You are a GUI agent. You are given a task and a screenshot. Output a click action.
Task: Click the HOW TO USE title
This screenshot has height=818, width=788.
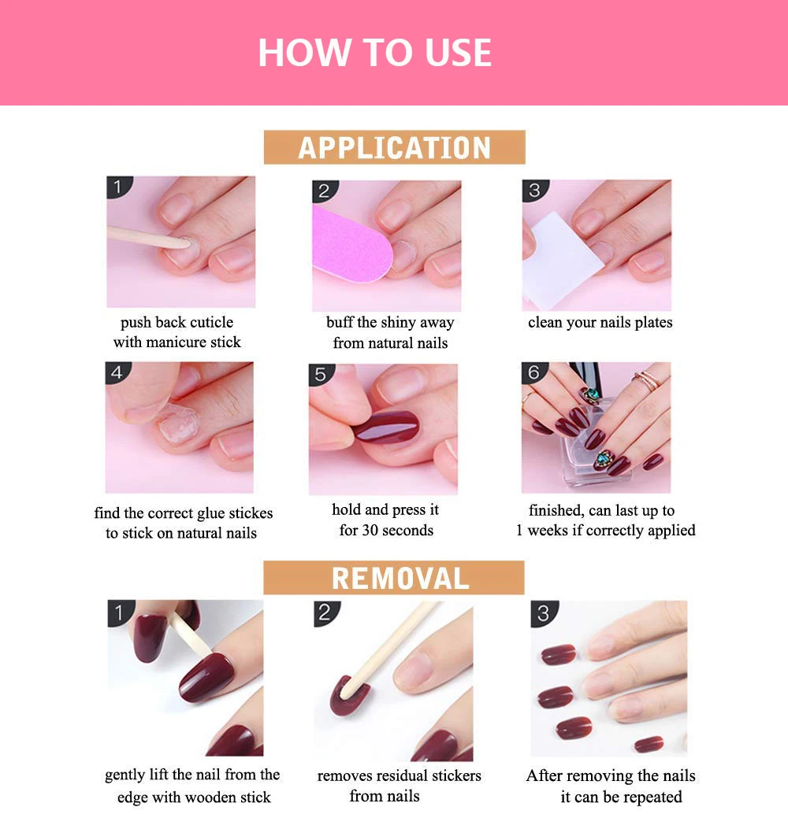[x=374, y=52]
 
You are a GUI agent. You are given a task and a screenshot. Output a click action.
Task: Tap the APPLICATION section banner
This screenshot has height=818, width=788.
[x=394, y=147]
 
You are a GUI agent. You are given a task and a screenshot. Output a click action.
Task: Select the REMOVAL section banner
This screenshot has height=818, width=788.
[x=394, y=578]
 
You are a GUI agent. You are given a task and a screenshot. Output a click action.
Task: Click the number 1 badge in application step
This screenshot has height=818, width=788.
[x=119, y=187]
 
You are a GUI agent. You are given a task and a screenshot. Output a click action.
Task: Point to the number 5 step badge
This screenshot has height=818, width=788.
[x=321, y=375]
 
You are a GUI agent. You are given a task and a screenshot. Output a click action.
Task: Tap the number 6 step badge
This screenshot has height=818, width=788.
[x=533, y=372]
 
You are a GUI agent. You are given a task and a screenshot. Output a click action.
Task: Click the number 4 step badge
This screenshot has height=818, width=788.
[x=117, y=372]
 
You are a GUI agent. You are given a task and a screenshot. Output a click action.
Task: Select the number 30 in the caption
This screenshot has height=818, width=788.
[x=370, y=530]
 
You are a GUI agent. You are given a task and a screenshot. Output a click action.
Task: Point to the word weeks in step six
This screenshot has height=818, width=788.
[x=548, y=531]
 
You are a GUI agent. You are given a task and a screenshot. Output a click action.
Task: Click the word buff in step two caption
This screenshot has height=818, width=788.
[x=340, y=323]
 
